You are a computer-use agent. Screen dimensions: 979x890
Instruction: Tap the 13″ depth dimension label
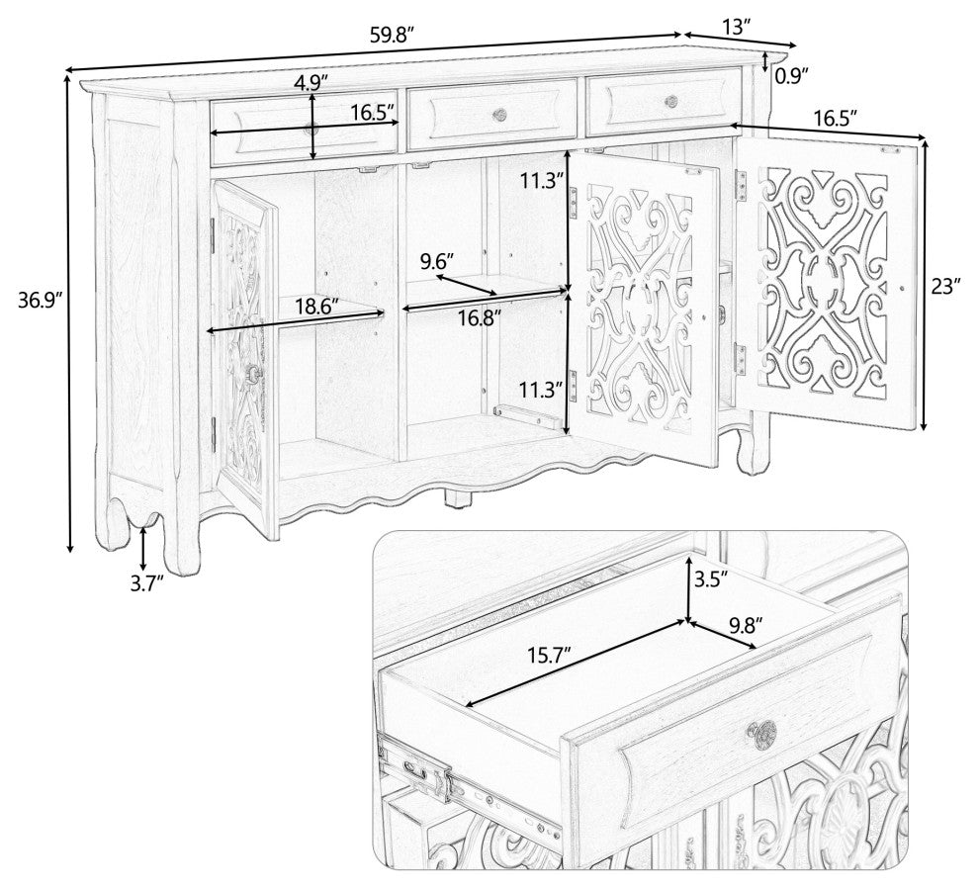(738, 27)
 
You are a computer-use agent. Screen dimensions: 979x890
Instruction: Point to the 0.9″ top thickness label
(792, 75)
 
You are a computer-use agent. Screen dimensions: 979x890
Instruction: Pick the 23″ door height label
(946, 287)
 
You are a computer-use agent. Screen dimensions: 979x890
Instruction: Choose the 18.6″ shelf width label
(317, 307)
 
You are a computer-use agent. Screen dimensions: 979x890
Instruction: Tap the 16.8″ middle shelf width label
(480, 318)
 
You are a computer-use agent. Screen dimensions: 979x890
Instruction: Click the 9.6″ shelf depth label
(437, 261)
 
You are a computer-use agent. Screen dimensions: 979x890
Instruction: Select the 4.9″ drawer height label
(311, 82)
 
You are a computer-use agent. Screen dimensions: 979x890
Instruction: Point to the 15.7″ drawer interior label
(550, 656)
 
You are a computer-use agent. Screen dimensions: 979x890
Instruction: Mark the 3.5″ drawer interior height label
(711, 579)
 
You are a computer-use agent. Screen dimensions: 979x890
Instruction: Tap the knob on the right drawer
(671, 101)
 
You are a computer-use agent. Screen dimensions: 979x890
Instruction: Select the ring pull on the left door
(255, 374)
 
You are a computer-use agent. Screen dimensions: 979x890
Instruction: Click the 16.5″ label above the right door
(835, 116)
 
